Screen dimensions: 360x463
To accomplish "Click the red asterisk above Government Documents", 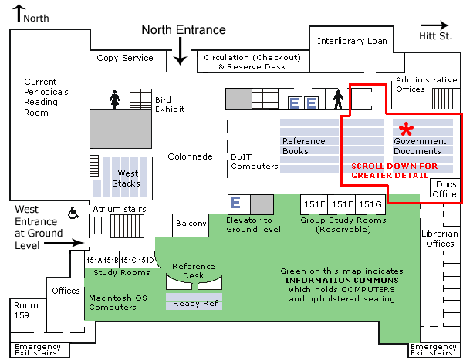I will point(405,129).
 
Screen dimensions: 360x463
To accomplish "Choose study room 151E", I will point(314,204).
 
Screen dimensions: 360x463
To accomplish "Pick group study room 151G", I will point(370,204).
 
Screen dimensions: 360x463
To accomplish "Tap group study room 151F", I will point(342,204).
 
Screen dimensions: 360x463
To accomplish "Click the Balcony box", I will point(191,224).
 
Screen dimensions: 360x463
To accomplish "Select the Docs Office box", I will point(445,190).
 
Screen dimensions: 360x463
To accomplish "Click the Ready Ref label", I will point(194,304).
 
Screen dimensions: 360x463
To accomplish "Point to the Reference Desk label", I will point(194,271).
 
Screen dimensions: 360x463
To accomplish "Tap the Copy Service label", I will point(125,58).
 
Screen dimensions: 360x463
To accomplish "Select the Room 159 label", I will point(25,310).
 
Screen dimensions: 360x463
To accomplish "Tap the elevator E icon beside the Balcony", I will point(236,203).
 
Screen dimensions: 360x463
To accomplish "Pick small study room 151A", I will point(92,259).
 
